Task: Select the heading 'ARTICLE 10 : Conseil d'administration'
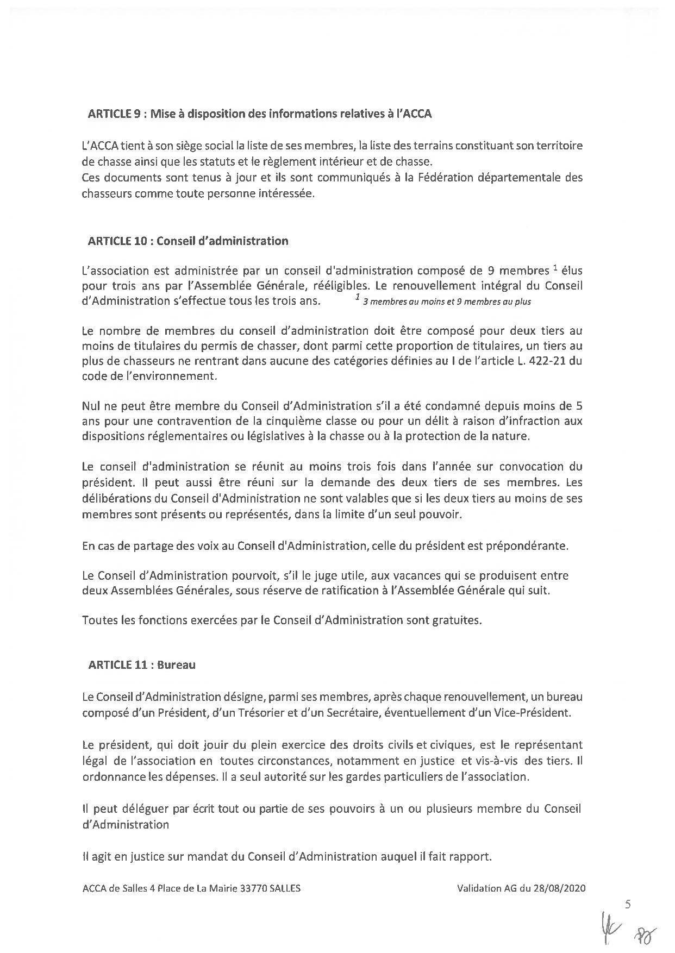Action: [x=188, y=241]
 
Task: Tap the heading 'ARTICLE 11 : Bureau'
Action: [x=141, y=664]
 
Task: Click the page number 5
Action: [x=628, y=905]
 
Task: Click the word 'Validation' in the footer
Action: [x=478, y=888]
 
